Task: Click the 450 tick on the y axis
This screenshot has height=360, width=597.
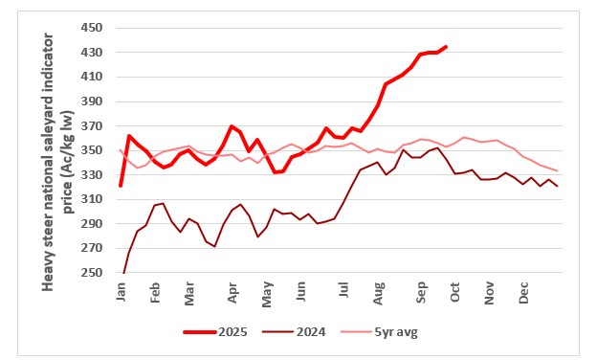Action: (92, 28)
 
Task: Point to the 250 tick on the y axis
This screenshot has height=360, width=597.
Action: (92, 273)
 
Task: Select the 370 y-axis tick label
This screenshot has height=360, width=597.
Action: (92, 125)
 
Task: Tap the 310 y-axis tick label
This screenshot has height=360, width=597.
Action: (92, 199)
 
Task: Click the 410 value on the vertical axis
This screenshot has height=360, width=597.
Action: (92, 77)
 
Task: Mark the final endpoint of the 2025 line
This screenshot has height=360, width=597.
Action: (446, 47)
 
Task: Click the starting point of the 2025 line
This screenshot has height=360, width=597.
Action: (121, 185)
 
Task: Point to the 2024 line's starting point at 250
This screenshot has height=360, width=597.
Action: (123, 273)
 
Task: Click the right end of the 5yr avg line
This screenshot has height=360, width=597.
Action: (558, 170)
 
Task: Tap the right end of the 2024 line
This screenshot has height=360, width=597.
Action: (558, 186)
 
